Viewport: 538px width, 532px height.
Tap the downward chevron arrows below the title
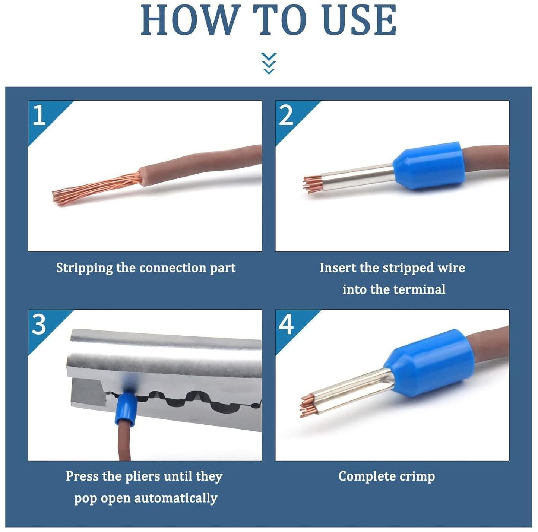[x=269, y=63]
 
